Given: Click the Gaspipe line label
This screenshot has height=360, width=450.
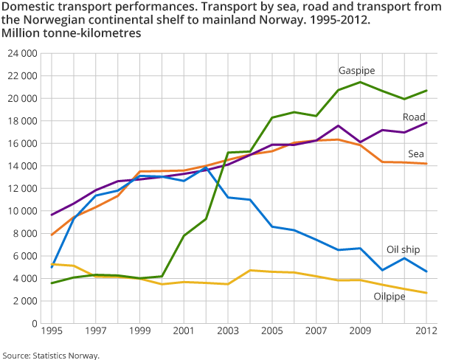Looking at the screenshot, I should point(356,71).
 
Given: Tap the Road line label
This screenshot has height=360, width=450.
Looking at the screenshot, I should point(414,117).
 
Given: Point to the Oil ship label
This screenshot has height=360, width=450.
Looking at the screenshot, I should point(404,249).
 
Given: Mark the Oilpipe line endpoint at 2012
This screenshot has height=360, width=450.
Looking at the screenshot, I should point(426,293).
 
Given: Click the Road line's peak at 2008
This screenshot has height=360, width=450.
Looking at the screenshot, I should point(338,125).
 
